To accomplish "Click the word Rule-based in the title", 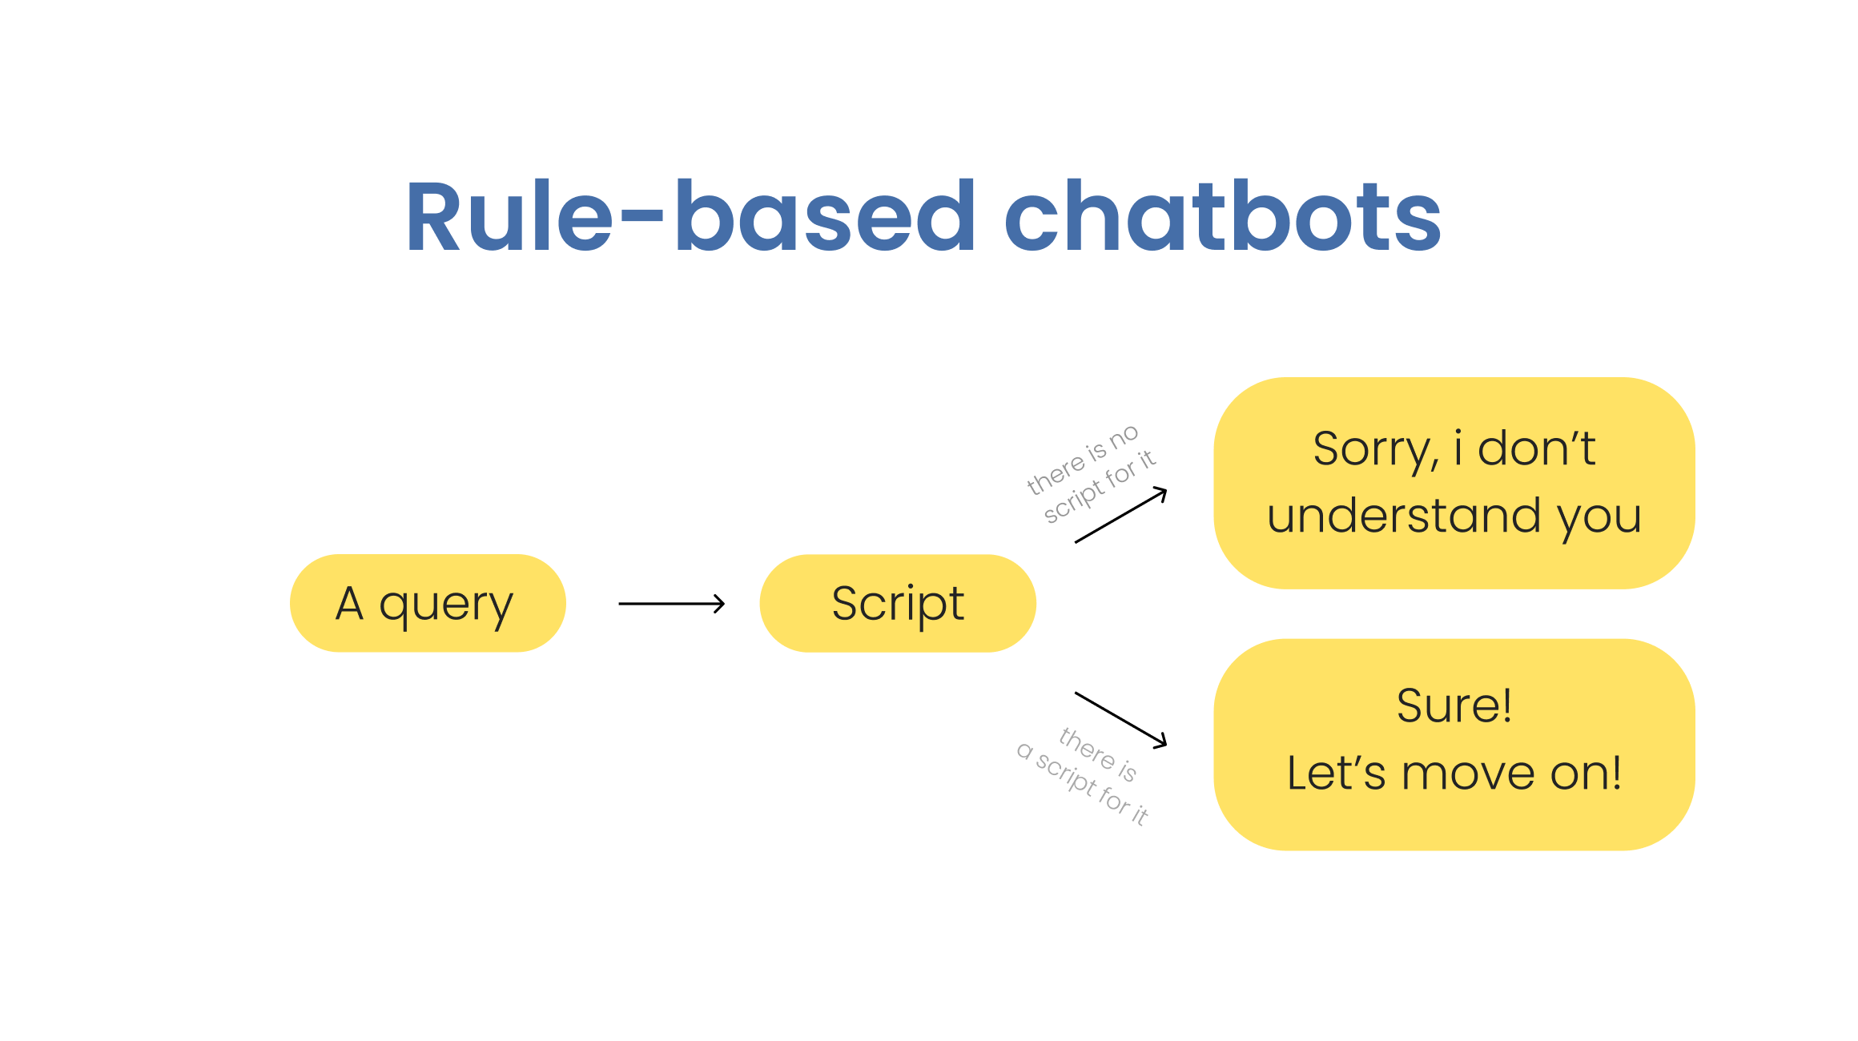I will tap(689, 216).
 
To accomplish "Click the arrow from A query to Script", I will tap(671, 604).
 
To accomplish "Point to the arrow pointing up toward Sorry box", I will tap(1120, 516).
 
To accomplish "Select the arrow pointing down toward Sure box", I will tap(1120, 719).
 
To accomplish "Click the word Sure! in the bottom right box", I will tap(1454, 705).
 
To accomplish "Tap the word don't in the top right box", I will tap(1536, 448).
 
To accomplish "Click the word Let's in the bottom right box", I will tap(1336, 774).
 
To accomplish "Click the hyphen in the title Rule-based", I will tap(641, 215).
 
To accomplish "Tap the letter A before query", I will tap(350, 603).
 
